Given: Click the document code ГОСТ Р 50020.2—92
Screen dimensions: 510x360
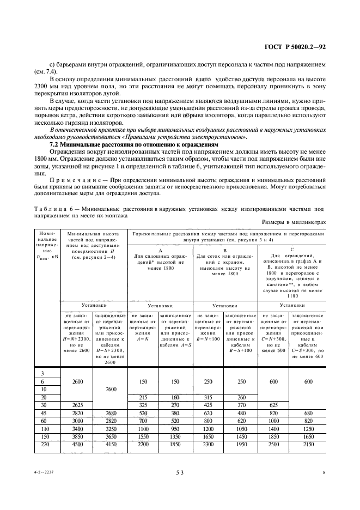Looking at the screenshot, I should coord(295,47).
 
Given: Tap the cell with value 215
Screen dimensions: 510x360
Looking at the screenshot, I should coord(143,397).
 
